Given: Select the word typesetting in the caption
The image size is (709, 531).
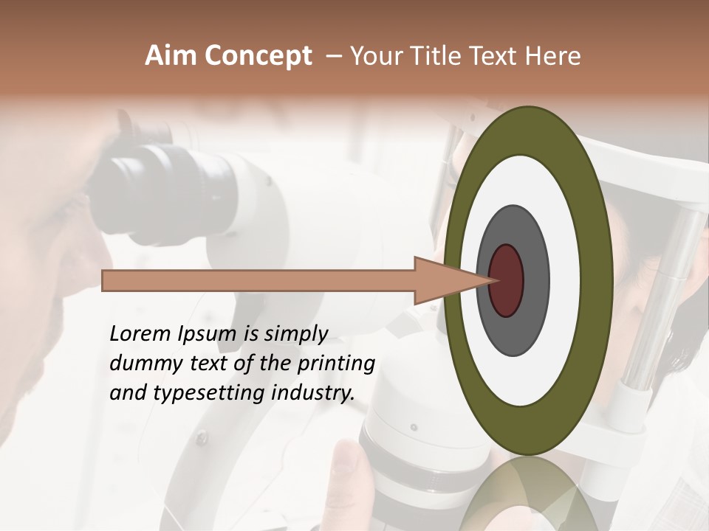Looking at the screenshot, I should click(x=202, y=394).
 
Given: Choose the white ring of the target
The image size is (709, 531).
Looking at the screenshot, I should click(x=565, y=280).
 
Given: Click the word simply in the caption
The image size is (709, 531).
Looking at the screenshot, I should click(x=296, y=335).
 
